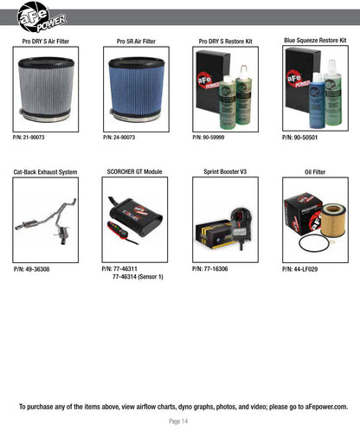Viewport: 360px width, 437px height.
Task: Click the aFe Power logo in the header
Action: [42, 16]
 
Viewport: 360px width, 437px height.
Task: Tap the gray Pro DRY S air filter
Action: [46, 89]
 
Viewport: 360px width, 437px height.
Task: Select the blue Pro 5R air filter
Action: [136, 89]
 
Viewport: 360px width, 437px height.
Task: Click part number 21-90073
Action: [29, 138]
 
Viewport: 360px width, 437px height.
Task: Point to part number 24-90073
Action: [119, 138]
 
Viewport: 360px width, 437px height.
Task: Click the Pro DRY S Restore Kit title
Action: [225, 42]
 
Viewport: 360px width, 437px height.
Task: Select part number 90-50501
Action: [299, 138]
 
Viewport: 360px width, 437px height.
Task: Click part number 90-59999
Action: [209, 138]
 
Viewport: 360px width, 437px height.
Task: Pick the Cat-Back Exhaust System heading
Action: [45, 172]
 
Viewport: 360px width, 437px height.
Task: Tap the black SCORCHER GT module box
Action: [136, 215]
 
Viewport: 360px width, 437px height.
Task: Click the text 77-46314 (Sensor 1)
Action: [138, 277]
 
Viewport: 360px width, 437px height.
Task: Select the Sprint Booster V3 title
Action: [225, 172]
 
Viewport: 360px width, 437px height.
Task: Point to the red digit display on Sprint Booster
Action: [238, 215]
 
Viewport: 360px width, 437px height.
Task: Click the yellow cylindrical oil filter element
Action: [333, 220]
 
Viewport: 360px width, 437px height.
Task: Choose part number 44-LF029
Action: [299, 269]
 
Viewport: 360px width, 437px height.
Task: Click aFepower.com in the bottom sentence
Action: [326, 407]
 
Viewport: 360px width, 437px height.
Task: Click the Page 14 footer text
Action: [178, 421]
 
